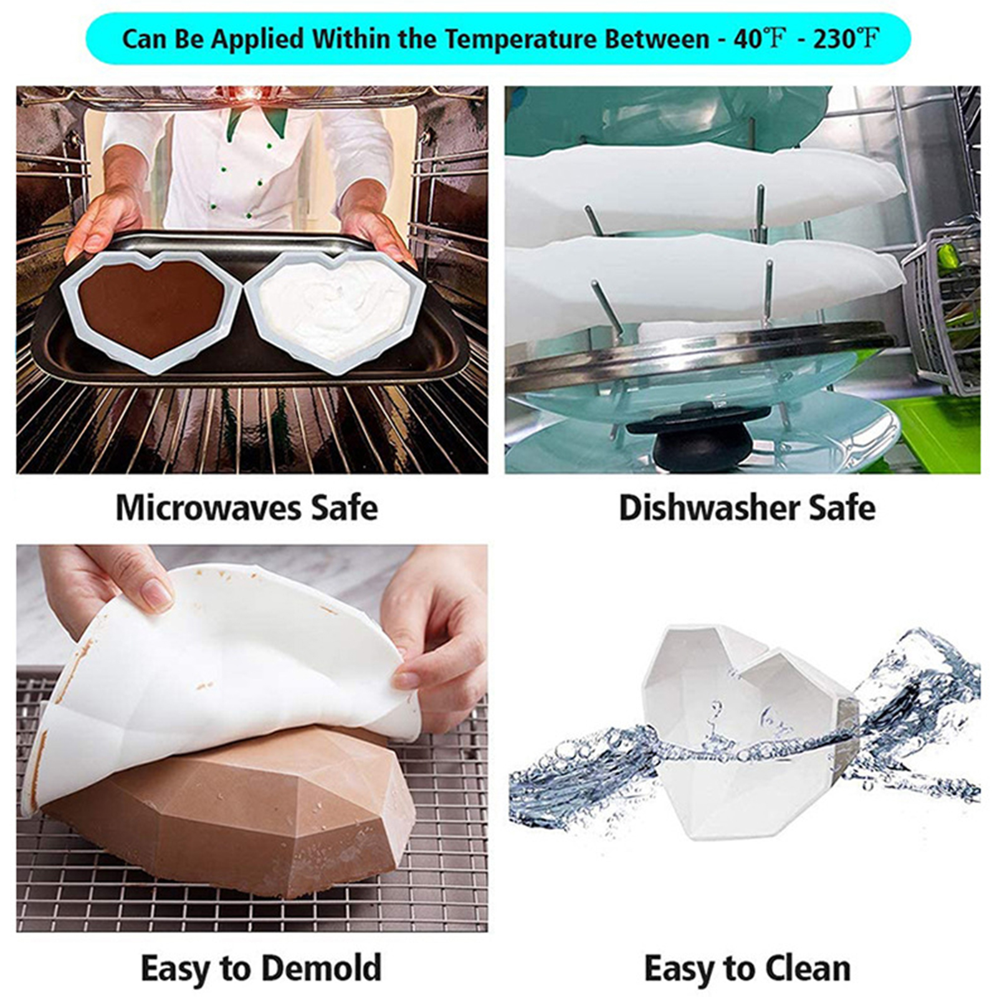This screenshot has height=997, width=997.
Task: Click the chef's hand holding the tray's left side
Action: click(x=103, y=221)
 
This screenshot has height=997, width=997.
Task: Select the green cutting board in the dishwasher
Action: click(x=941, y=430)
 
